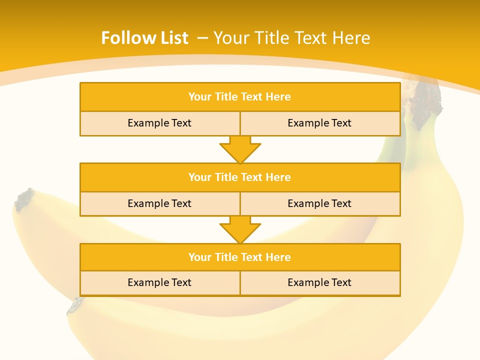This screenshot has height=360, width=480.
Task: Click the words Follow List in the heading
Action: tap(144, 38)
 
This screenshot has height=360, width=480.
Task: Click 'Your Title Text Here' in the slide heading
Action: tap(291, 38)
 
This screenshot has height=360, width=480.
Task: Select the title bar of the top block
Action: tap(240, 97)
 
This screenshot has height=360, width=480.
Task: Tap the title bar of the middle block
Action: tap(240, 177)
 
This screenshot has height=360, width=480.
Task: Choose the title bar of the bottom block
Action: tap(240, 257)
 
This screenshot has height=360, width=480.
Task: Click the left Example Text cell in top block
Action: tap(159, 123)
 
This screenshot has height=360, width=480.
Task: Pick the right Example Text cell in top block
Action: tap(319, 123)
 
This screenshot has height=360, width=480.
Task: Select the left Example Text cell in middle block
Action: tap(159, 203)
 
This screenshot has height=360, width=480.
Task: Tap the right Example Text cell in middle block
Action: tap(319, 203)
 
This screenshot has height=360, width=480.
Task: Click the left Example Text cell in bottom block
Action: tap(159, 282)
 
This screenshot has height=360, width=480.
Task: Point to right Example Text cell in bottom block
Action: tap(319, 282)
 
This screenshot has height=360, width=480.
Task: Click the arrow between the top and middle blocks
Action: tap(240, 149)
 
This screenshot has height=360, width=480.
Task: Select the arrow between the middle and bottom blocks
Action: tap(240, 229)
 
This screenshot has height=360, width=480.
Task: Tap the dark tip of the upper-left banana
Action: tap(24, 199)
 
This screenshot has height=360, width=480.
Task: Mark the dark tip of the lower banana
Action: tap(75, 305)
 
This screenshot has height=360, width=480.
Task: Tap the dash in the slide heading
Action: tap(203, 38)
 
